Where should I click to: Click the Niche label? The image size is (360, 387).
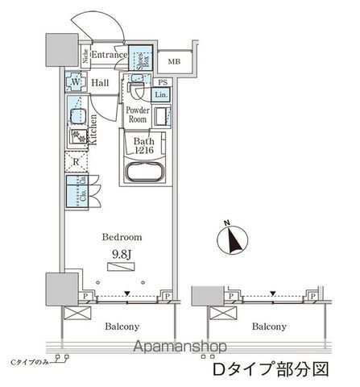pos(83,56)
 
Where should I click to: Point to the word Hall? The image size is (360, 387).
pos(101,82)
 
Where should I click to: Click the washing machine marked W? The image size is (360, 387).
pos(75,83)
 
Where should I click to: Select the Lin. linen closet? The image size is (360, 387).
pos(161,95)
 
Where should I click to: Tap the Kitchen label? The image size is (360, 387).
pos(93,129)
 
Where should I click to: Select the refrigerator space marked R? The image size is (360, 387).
pos(75,160)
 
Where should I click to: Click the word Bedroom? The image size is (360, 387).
pos(122,238)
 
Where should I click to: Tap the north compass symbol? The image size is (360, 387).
pos(234,239)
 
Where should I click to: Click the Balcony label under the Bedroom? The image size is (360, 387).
pos(122,327)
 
